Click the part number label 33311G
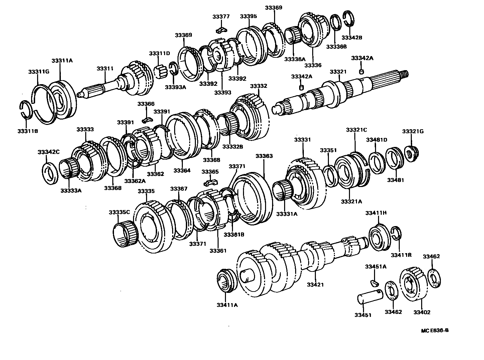[x=38, y=71]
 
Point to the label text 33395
[x=248, y=16]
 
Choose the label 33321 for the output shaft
[x=338, y=71]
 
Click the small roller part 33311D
[x=161, y=71]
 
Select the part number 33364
[x=182, y=170]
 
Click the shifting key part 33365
[x=210, y=183]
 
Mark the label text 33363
[x=264, y=156]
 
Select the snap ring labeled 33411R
[x=396, y=233]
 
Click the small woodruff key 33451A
[x=374, y=283]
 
